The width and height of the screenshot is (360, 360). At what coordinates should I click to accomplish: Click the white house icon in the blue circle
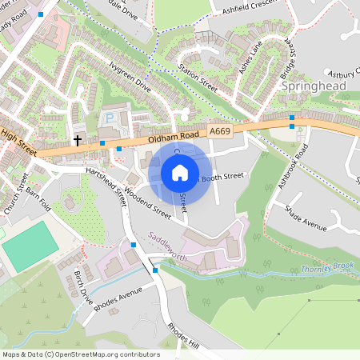[x=180, y=173]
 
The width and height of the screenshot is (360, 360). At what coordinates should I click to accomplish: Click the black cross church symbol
[x=78, y=140]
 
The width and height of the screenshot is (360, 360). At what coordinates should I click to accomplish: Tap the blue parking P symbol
[x=110, y=118]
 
